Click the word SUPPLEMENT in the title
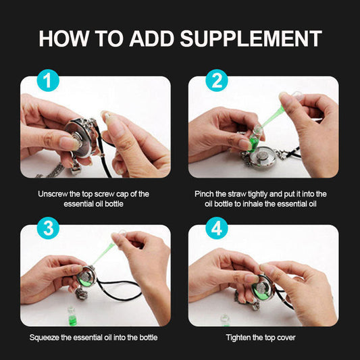[251, 38]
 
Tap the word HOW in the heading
[63, 38]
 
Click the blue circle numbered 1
[48, 80]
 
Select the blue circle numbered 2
[217, 80]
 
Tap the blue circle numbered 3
[48, 228]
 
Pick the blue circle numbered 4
[217, 228]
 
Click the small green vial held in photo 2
[255, 138]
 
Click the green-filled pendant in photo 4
[262, 288]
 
